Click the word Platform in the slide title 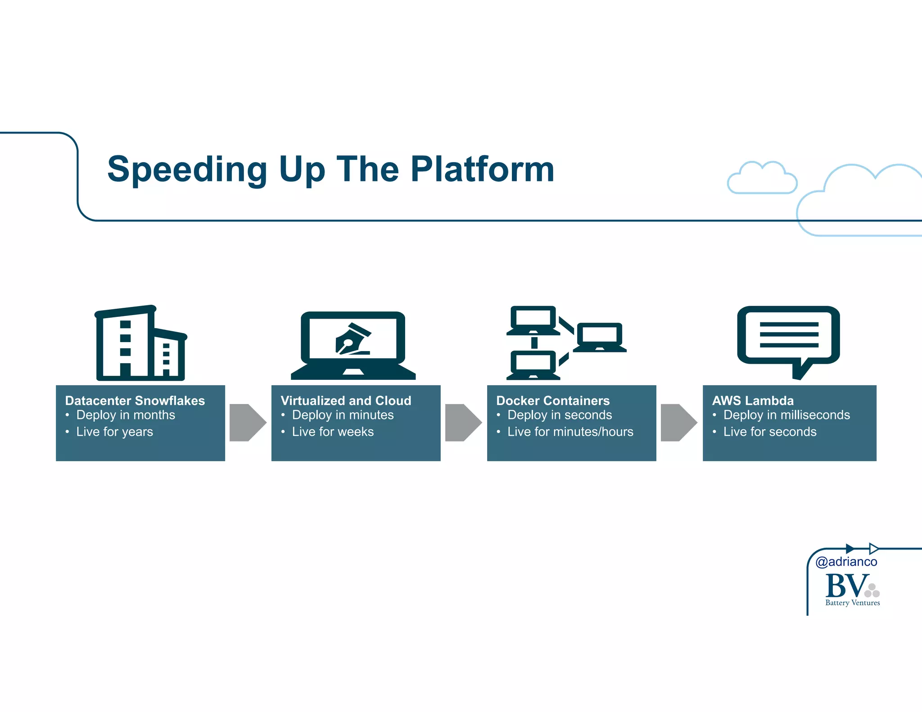[x=482, y=169]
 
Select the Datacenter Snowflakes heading [x=135, y=401]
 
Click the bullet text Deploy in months [x=125, y=415]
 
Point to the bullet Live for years [x=114, y=432]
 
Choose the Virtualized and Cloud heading [x=346, y=401]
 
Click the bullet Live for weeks [x=333, y=432]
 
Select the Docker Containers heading [x=553, y=401]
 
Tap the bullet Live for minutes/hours [x=570, y=432]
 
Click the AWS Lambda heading [x=753, y=401]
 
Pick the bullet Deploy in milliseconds [x=786, y=415]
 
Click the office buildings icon [x=140, y=344]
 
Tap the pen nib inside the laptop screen [x=352, y=340]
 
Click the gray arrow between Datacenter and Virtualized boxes [x=247, y=423]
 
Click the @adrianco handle [x=846, y=562]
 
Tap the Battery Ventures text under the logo [x=852, y=603]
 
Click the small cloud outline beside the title [x=762, y=179]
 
